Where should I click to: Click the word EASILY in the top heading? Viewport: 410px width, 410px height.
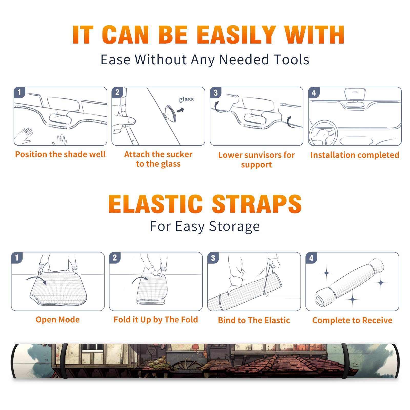pyautogui.click(x=236, y=35)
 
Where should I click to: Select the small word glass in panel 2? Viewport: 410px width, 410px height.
pyautogui.click(x=186, y=99)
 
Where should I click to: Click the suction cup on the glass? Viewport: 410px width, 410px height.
pyautogui.click(x=170, y=113)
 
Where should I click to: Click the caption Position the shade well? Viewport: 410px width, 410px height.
pyautogui.click(x=60, y=154)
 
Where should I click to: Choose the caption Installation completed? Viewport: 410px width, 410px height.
pyautogui.click(x=355, y=155)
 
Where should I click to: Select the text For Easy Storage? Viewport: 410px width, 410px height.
pyautogui.click(x=205, y=226)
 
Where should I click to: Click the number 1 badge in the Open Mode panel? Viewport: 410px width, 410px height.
pyautogui.click(x=17, y=258)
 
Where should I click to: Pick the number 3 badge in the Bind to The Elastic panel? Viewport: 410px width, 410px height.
pyautogui.click(x=213, y=258)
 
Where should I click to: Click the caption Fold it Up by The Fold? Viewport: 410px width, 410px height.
pyautogui.click(x=156, y=320)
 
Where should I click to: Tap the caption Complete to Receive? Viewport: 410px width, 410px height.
pyautogui.click(x=352, y=320)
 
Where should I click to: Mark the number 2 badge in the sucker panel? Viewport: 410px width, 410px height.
pyautogui.click(x=117, y=93)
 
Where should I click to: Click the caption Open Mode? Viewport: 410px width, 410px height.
pyautogui.click(x=58, y=320)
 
